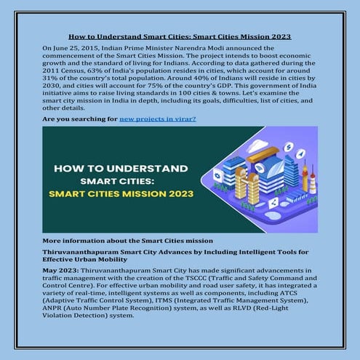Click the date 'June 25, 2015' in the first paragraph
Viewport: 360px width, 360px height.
pyautogui.click(x=73, y=47)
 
